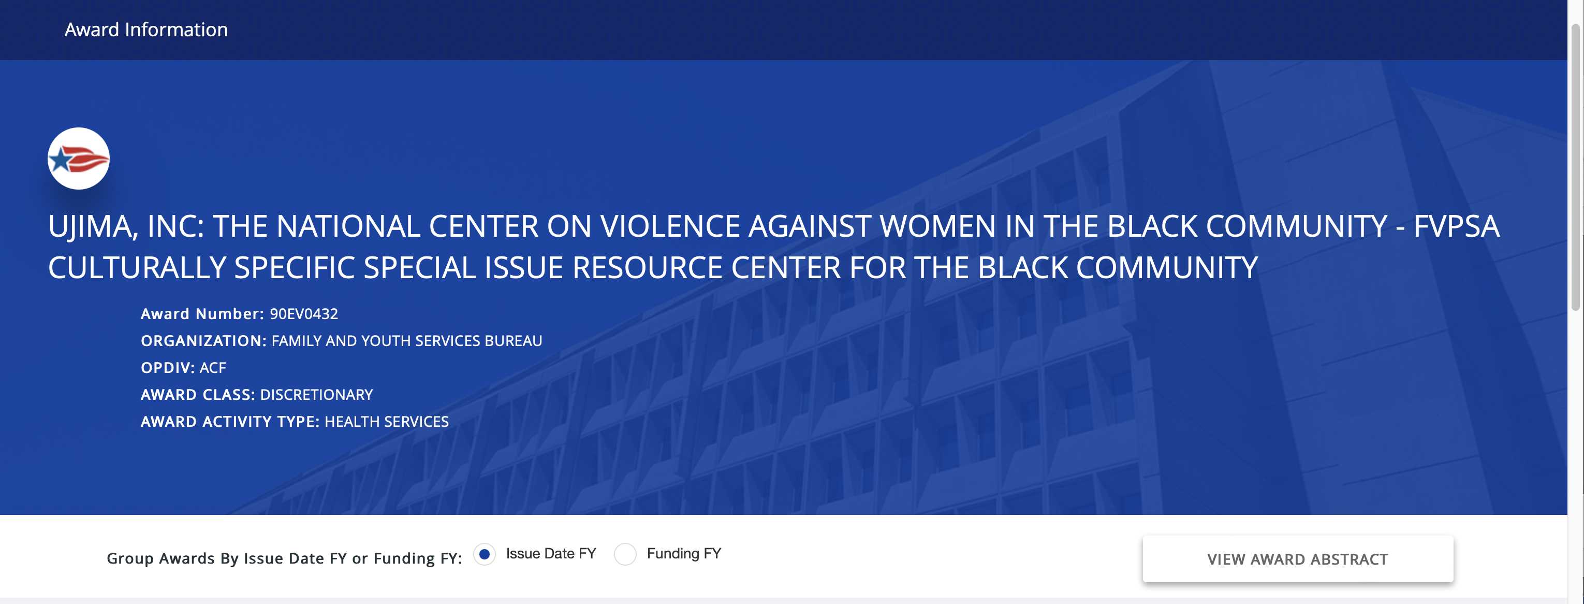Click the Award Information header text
146,30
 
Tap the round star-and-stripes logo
79,159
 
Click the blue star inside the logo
61,161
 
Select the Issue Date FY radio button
485,554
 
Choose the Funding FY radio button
625,554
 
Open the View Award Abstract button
1297,559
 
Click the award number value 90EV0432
304,314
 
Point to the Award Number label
202,314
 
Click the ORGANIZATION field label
203,341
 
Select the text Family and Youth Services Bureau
407,341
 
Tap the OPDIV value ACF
213,368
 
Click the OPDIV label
168,368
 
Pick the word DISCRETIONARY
317,395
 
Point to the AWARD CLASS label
198,395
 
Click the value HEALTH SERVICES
387,422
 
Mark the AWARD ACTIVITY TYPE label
230,422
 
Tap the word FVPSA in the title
1456,226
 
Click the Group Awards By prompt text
284,558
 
